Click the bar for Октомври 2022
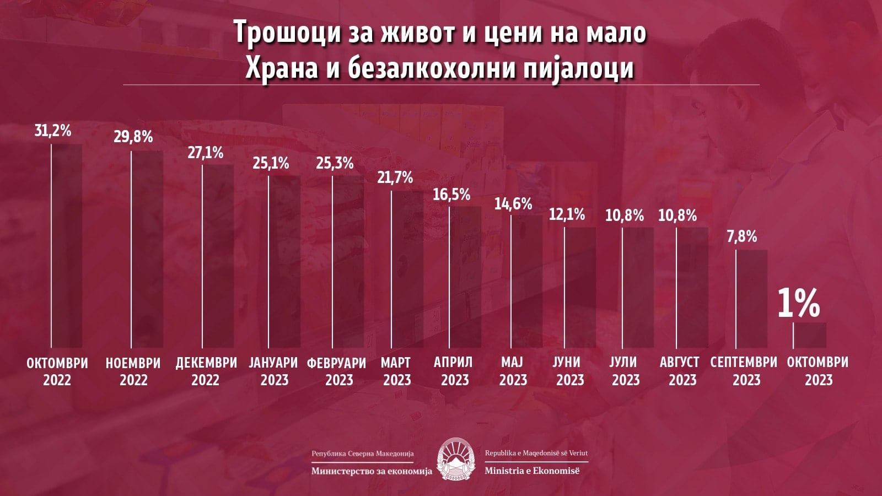pyautogui.click(x=67, y=246)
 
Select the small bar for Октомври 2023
pyautogui.click(x=809, y=335)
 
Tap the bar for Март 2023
pyautogui.click(x=407, y=269)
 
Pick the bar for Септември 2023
pyautogui.click(x=751, y=298)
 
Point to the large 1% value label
pyautogui.click(x=799, y=303)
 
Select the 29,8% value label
pyautogui.click(x=133, y=137)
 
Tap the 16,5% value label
pyautogui.click(x=451, y=195)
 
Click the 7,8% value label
pyautogui.click(x=741, y=237)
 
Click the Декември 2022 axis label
pyautogui.click(x=206, y=371)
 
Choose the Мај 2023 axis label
pyautogui.click(x=513, y=371)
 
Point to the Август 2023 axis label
pyautogui.click(x=679, y=371)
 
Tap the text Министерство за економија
pyautogui.click(x=372, y=471)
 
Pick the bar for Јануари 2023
pyautogui.click(x=284, y=261)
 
